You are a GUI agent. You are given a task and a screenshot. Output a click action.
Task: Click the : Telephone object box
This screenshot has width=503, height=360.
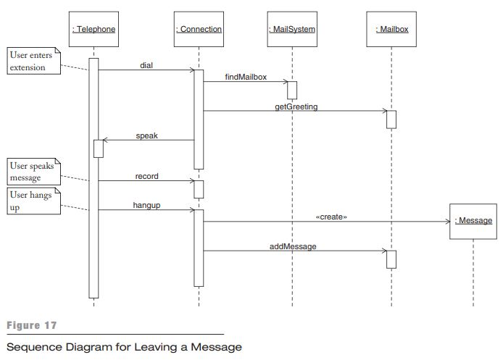(x=93, y=29)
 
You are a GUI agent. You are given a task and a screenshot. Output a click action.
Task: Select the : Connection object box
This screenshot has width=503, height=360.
(x=199, y=29)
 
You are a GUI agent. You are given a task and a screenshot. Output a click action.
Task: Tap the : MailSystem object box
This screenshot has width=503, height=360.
(x=291, y=29)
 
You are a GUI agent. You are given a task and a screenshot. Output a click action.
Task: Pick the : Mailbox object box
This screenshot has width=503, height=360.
(x=391, y=29)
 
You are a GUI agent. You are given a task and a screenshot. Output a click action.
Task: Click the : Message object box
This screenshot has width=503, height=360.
(x=473, y=221)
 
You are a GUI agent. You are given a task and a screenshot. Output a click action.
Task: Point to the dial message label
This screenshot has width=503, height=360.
(x=146, y=65)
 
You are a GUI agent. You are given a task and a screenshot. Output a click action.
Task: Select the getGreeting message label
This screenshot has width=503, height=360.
(x=296, y=106)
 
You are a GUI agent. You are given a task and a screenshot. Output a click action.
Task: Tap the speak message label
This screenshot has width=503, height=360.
(x=146, y=135)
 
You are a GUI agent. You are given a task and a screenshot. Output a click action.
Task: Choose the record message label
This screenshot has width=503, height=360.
(x=146, y=176)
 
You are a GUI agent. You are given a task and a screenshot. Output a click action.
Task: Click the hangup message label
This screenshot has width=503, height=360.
(x=146, y=205)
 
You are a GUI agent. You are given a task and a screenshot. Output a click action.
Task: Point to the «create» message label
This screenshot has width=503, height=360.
(x=331, y=217)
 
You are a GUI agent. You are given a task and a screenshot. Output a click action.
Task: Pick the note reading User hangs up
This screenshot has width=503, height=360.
(x=31, y=201)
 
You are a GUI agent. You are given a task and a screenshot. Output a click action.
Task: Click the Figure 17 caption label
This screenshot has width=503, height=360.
(x=30, y=326)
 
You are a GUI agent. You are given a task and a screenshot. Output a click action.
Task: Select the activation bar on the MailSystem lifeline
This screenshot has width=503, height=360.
(x=291, y=90)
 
